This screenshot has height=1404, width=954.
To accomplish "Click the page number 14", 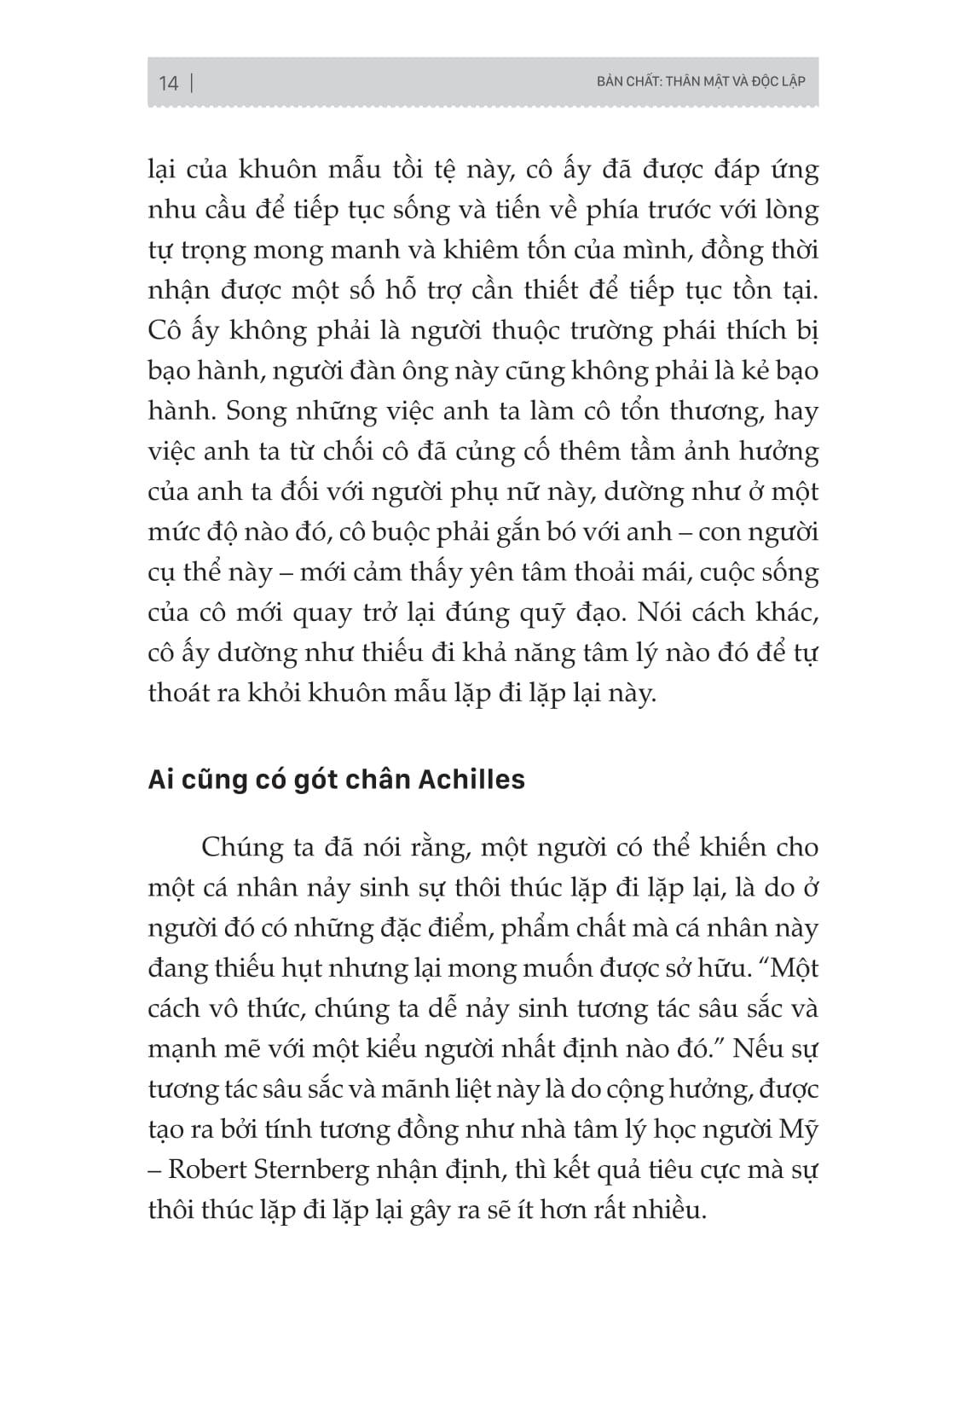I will (x=168, y=83).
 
